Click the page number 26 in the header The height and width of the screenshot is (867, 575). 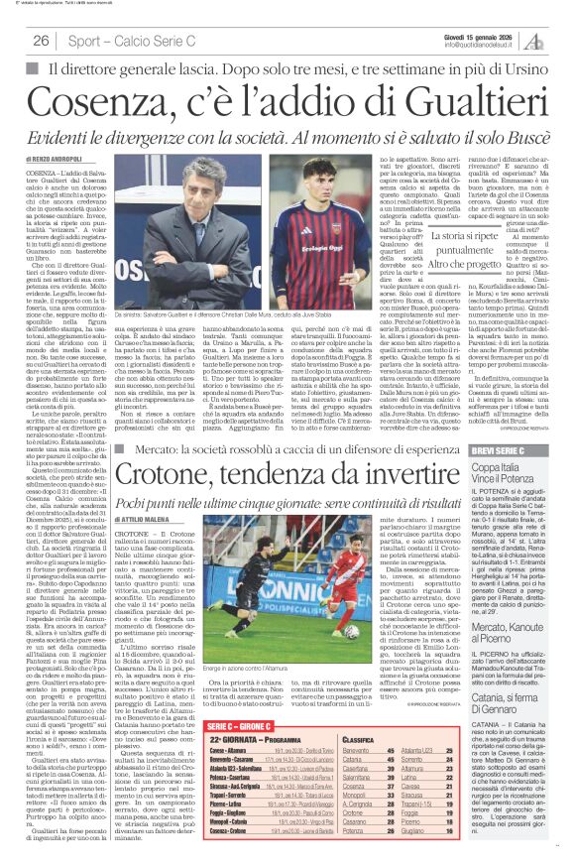click(x=42, y=40)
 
